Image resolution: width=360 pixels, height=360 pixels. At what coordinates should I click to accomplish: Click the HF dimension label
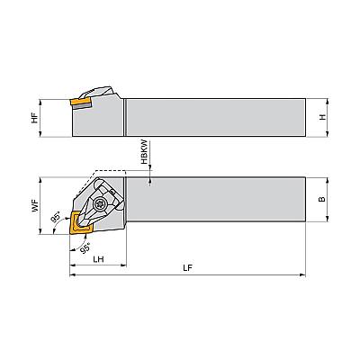[35, 118]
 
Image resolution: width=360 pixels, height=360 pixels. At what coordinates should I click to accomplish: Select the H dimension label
[322, 117]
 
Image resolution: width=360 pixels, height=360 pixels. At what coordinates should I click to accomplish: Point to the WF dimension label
[35, 206]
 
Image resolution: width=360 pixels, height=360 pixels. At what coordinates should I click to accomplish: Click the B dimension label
[322, 199]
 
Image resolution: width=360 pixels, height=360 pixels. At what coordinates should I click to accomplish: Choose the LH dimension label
[98, 258]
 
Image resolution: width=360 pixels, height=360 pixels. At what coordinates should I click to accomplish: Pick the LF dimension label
[187, 268]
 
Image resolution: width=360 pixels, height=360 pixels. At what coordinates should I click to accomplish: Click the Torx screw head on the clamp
[98, 205]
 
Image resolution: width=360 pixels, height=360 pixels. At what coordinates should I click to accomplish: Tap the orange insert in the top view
[79, 222]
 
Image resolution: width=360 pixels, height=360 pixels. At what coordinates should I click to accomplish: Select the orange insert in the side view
[81, 103]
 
